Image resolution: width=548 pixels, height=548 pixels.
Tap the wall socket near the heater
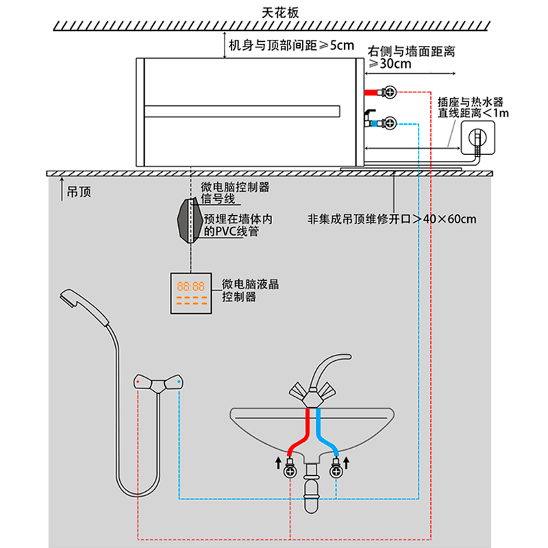click(x=477, y=137)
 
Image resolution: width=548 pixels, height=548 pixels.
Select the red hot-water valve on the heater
click(x=389, y=91)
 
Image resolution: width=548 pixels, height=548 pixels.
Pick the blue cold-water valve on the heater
click(x=389, y=123)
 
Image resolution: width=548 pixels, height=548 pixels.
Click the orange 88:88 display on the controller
click(x=188, y=286)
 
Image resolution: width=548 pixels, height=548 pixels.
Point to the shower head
click(x=79, y=306)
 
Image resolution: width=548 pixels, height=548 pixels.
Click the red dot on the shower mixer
click(x=138, y=379)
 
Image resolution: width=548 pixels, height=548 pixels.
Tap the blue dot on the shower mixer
click(x=179, y=379)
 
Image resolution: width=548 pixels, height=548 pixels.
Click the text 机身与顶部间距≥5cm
click(x=291, y=47)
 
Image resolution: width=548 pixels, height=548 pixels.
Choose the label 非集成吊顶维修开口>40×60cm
click(x=393, y=220)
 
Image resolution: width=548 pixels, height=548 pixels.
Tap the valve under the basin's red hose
click(x=292, y=471)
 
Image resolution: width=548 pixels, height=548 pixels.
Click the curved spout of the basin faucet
click(x=329, y=366)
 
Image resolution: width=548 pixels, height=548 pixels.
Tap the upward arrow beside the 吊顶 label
click(x=62, y=186)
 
